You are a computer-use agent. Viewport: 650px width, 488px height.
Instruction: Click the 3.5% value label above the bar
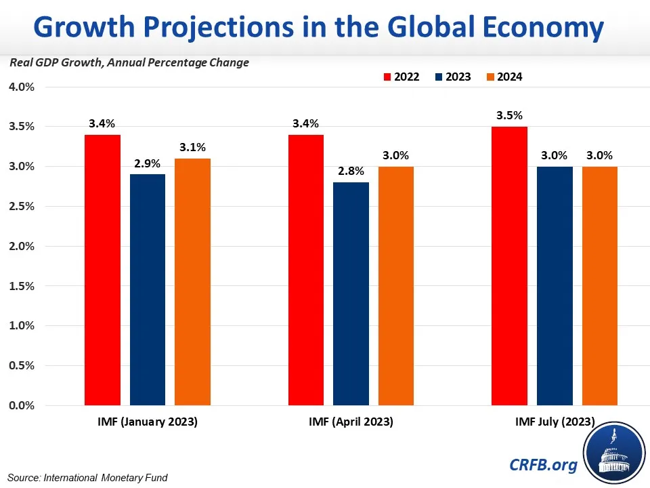(508, 115)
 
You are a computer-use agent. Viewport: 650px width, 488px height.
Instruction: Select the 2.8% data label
(351, 171)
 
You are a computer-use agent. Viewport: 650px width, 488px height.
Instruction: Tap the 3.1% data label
(192, 147)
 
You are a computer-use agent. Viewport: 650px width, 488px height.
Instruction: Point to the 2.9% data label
(147, 163)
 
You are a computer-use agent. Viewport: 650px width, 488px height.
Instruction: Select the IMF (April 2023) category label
(351, 422)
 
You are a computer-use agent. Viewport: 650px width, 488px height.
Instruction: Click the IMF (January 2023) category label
(147, 422)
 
